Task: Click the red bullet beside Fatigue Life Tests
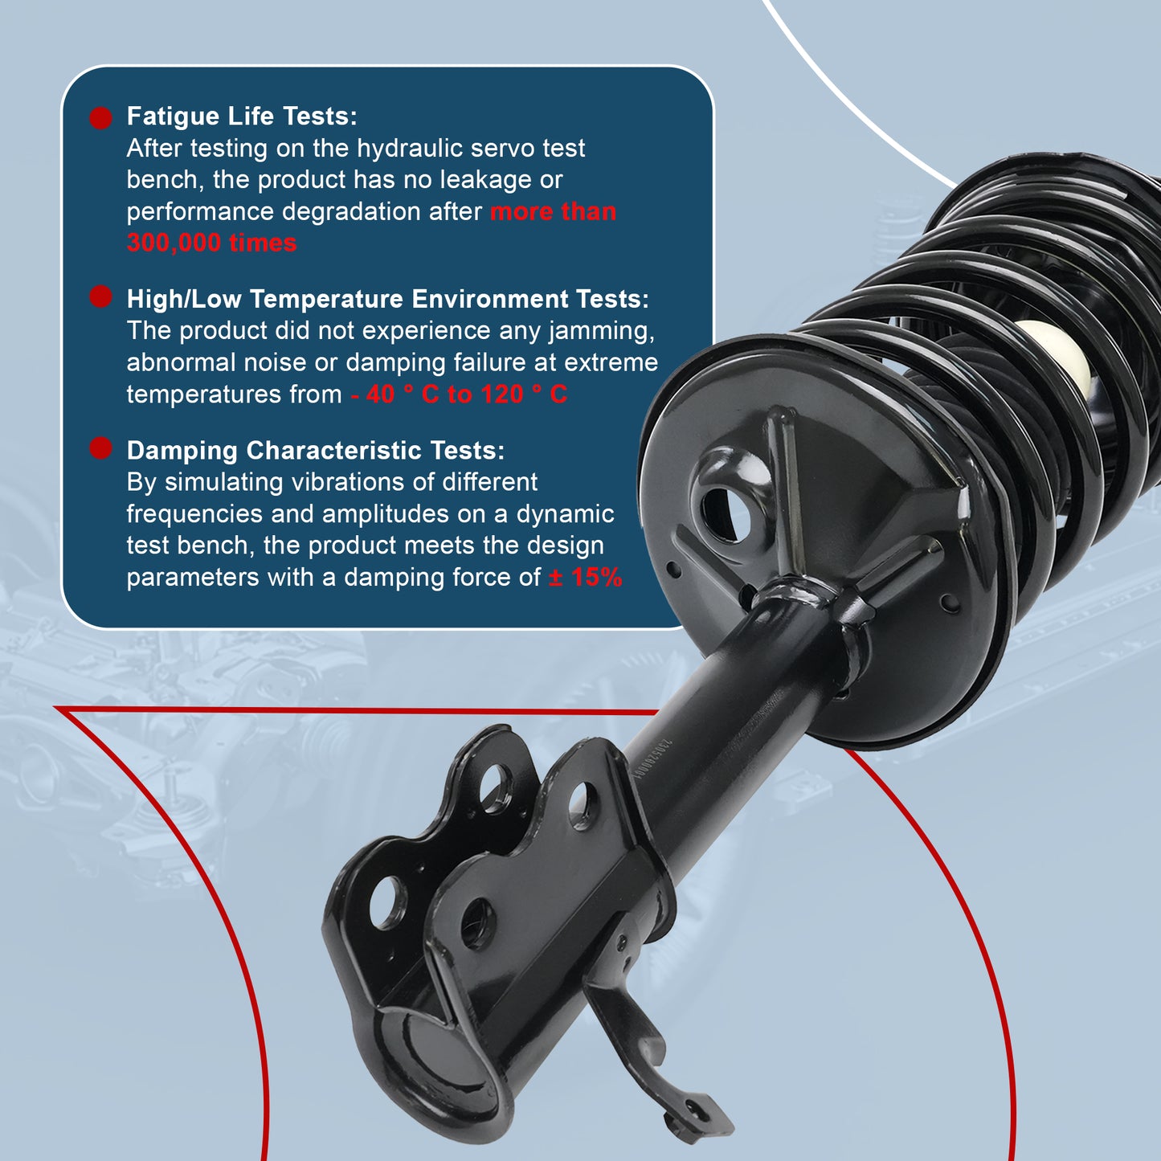click(100, 118)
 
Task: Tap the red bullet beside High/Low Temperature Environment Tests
click(100, 297)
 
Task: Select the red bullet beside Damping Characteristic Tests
click(100, 448)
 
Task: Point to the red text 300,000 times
click(211, 243)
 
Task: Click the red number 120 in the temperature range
click(502, 394)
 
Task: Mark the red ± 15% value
click(585, 577)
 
